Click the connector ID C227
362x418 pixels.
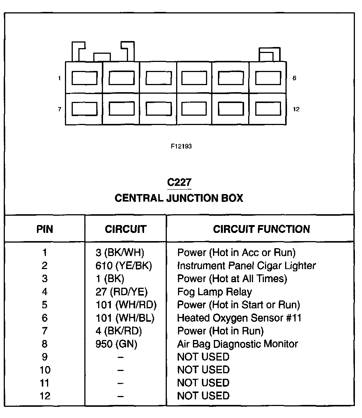[x=179, y=183]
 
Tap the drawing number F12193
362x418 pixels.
[x=181, y=147]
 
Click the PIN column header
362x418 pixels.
[x=45, y=229]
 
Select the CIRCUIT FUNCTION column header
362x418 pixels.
[x=261, y=229]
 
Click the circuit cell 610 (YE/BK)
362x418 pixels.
[x=124, y=266]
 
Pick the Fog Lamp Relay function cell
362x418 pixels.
[x=214, y=292]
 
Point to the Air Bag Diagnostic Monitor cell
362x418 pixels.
[x=237, y=344]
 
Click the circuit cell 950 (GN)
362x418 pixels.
[x=116, y=344]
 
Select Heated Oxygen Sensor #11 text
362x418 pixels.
[x=239, y=318]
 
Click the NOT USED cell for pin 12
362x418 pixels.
[x=203, y=396]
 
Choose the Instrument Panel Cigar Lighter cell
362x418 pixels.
[x=246, y=266]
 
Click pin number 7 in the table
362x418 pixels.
[x=45, y=331]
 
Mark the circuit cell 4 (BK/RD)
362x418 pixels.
[x=119, y=331]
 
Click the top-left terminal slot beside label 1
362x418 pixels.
[x=84, y=78]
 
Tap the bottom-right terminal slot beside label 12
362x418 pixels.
[x=268, y=109]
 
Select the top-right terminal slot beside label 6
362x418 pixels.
[x=268, y=78]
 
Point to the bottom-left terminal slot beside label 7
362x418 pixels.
[x=84, y=109]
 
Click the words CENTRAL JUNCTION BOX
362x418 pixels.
[x=179, y=198]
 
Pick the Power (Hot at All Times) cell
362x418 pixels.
[x=232, y=279]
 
